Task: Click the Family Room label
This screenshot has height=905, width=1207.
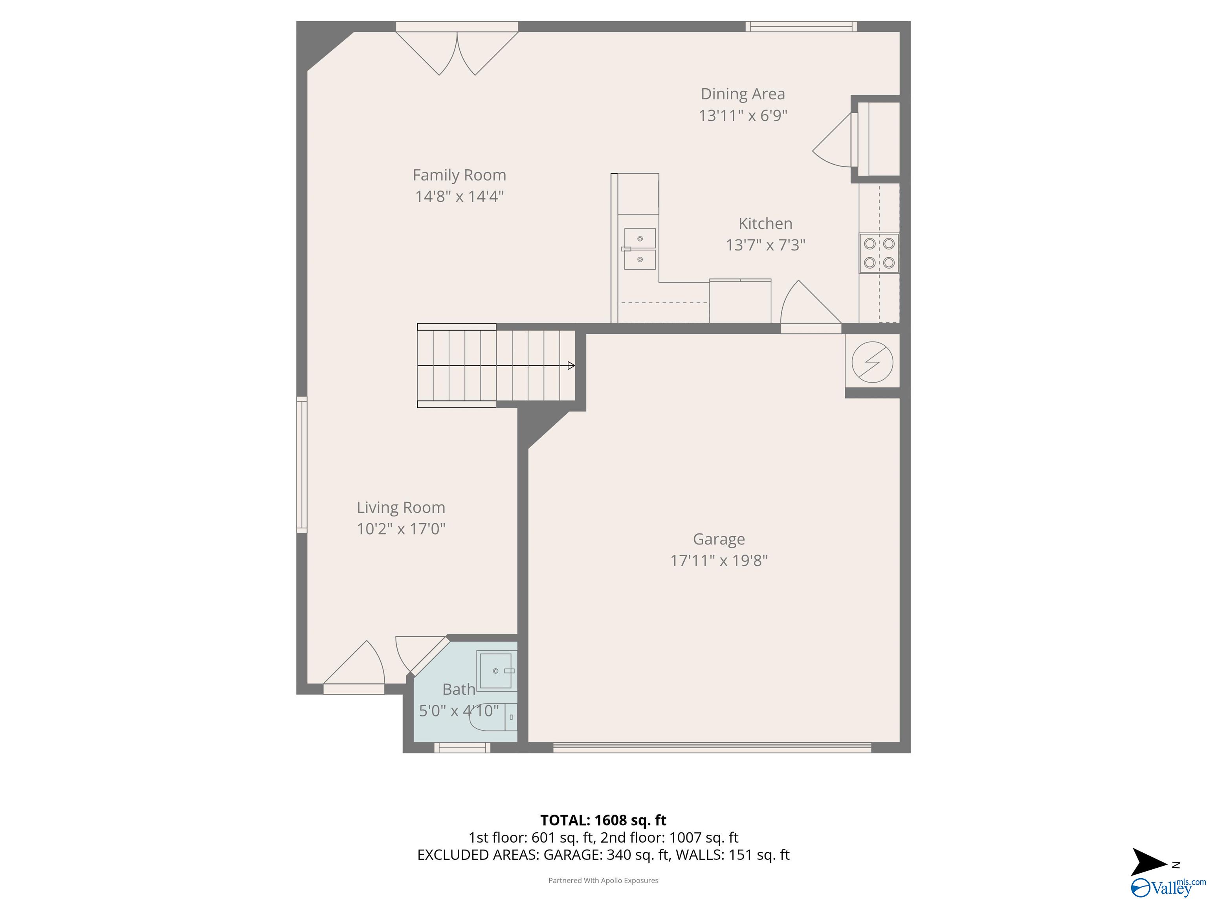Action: pos(459,175)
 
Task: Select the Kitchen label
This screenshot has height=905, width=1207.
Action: pos(765,224)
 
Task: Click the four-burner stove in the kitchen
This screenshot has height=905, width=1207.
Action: pos(879,253)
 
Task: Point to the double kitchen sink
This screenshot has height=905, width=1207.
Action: pos(640,249)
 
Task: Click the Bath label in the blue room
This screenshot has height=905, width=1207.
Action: pos(459,689)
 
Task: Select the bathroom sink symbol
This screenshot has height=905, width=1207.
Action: pos(496,671)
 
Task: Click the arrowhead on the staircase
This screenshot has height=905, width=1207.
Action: pos(571,365)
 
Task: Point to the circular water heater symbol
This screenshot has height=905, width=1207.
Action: pos(872,362)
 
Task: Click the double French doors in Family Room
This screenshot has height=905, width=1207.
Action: pos(457,53)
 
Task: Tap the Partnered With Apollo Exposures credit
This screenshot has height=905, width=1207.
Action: pos(603,881)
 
